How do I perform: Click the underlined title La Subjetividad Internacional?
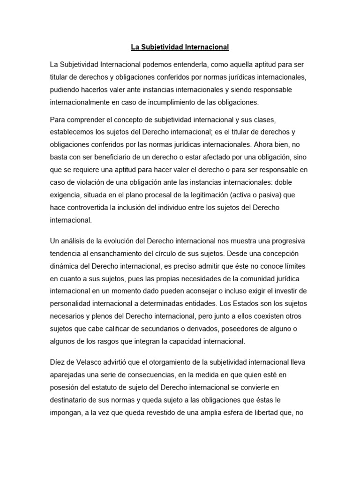(180, 47)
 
